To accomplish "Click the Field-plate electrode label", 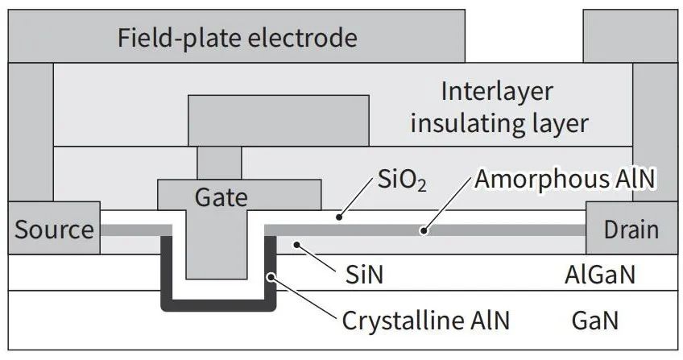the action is [x=238, y=39].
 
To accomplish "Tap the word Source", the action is [x=54, y=229].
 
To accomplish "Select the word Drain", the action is [x=631, y=230].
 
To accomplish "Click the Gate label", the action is [x=221, y=198].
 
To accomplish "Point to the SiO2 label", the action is [x=402, y=179].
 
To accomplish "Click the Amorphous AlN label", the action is [x=565, y=179].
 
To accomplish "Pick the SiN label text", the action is [x=364, y=275].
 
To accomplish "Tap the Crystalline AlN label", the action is [x=425, y=321].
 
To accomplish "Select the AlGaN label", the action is [x=600, y=275].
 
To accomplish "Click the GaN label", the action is [x=595, y=321].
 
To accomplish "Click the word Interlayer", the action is [x=497, y=92].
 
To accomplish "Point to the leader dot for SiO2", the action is [x=339, y=217].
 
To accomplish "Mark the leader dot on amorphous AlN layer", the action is [x=423, y=230].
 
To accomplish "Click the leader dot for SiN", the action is [x=296, y=245].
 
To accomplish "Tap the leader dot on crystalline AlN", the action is [x=271, y=276].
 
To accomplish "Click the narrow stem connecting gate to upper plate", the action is [x=219, y=163].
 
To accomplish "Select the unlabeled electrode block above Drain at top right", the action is [x=631, y=36].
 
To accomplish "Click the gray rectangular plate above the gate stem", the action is [x=279, y=121].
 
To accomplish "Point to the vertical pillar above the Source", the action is [x=31, y=132].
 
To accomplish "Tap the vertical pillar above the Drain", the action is [x=655, y=132].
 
